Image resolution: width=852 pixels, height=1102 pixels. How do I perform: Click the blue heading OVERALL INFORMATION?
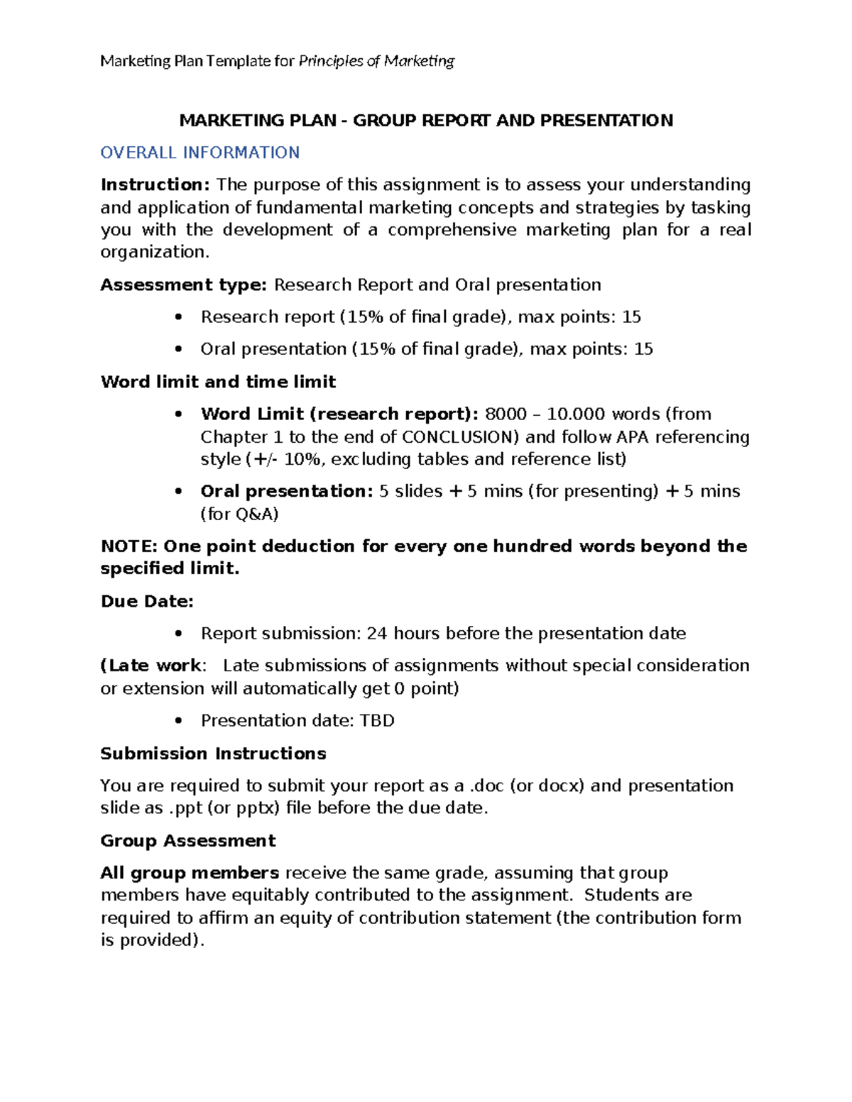click(200, 153)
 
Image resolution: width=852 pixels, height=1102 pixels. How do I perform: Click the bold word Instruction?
click(155, 185)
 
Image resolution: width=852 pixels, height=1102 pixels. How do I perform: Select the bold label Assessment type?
click(183, 285)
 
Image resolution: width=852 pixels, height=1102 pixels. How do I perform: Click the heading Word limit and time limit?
click(218, 382)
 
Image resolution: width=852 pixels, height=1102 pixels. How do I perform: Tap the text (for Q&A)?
click(239, 514)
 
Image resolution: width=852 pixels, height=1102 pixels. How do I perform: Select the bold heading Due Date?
click(147, 602)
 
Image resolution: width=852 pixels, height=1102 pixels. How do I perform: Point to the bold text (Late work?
click(151, 666)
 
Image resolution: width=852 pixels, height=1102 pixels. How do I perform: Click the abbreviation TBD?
click(377, 721)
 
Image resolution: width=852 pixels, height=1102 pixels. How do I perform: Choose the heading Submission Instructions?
click(213, 754)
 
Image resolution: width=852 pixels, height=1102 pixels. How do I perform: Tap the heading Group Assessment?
click(187, 841)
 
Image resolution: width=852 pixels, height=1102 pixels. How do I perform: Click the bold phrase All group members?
click(190, 874)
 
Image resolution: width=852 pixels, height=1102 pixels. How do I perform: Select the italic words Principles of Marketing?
click(376, 61)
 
